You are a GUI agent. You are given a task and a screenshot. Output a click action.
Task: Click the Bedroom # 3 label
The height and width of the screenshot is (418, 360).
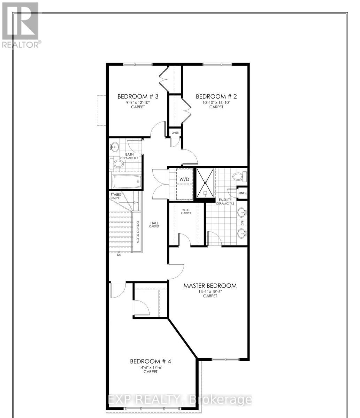pyautogui.click(x=138, y=96)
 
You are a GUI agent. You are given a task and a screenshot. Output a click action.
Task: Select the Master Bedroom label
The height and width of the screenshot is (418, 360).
pyautogui.click(x=210, y=286)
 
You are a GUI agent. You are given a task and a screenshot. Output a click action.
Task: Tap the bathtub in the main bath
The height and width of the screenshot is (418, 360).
pyautogui.click(x=126, y=181)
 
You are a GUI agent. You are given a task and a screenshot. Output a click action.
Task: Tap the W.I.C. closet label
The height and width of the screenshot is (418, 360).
pyautogui.click(x=186, y=211)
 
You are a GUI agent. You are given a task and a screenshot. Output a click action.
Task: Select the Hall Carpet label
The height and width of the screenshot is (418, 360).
pyautogui.click(x=154, y=224)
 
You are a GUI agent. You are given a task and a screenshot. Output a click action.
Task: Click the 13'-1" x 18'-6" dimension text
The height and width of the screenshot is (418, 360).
pyautogui.click(x=210, y=291)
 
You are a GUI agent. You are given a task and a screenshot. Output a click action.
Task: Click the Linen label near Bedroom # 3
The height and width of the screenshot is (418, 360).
pyautogui.click(x=174, y=133)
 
